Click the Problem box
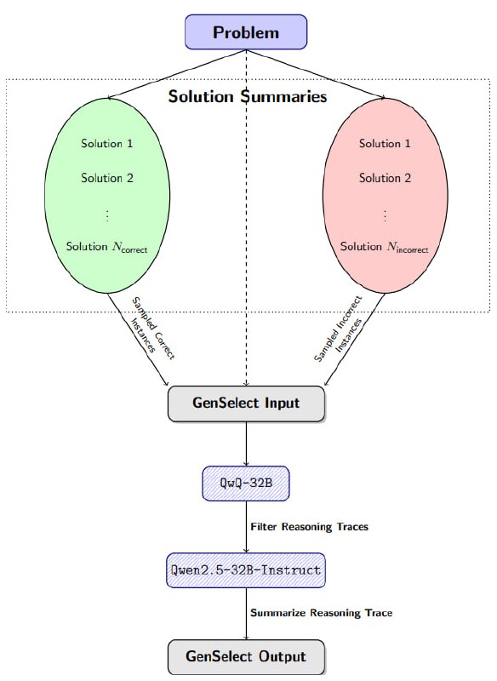point(246,32)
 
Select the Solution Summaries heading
point(248,96)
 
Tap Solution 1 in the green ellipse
point(106,143)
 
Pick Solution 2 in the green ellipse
point(106,178)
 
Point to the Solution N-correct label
point(106,247)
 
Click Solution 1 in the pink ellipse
point(385,143)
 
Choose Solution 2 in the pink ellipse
point(385,178)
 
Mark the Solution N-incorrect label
point(384,247)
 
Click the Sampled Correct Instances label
point(152,328)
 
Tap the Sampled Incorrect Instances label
point(339,329)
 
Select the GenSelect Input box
point(246,403)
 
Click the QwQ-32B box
point(246,484)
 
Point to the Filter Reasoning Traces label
point(310,527)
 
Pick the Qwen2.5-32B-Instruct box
point(246,570)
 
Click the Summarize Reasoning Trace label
point(322,613)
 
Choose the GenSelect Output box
point(246,656)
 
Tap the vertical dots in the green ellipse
point(107,215)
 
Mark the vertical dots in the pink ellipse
point(385,215)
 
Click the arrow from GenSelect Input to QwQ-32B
point(246,444)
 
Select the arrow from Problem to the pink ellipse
point(316,74)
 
